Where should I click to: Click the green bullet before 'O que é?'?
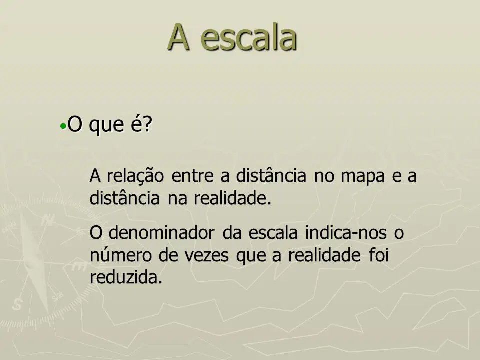click(63, 126)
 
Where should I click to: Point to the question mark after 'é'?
click(147, 124)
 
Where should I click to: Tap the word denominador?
click(161, 232)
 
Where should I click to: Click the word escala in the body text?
click(273, 232)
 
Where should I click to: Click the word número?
click(120, 255)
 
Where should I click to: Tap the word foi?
click(379, 255)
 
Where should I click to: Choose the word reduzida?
click(125, 277)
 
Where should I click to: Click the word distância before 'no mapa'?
click(271, 175)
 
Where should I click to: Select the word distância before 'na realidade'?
click(125, 198)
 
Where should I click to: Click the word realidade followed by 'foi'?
click(324, 255)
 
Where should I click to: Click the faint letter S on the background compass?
click(17, 304)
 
